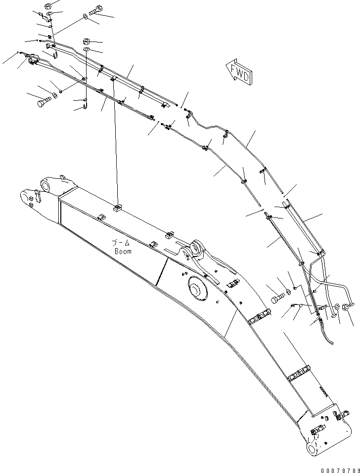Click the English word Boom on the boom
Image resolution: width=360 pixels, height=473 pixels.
[x=123, y=251]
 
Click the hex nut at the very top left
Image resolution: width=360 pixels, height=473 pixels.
[x=48, y=6]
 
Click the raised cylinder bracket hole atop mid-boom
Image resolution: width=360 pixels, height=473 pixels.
[x=198, y=248]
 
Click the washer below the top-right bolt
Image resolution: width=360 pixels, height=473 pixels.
[x=87, y=18]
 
